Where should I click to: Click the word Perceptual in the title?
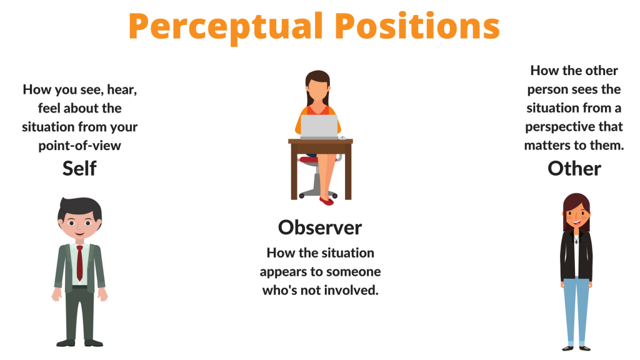tap(226, 27)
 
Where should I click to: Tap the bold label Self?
tap(79, 168)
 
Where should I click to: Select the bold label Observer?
tap(320, 227)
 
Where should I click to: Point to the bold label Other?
tap(574, 168)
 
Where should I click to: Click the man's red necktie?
tap(79, 263)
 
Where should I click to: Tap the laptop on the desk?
tap(319, 126)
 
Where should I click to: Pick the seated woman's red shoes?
tap(326, 201)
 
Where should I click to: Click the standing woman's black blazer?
tap(576, 256)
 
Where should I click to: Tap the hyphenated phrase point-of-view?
tap(79, 146)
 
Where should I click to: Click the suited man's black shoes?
tap(79, 342)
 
